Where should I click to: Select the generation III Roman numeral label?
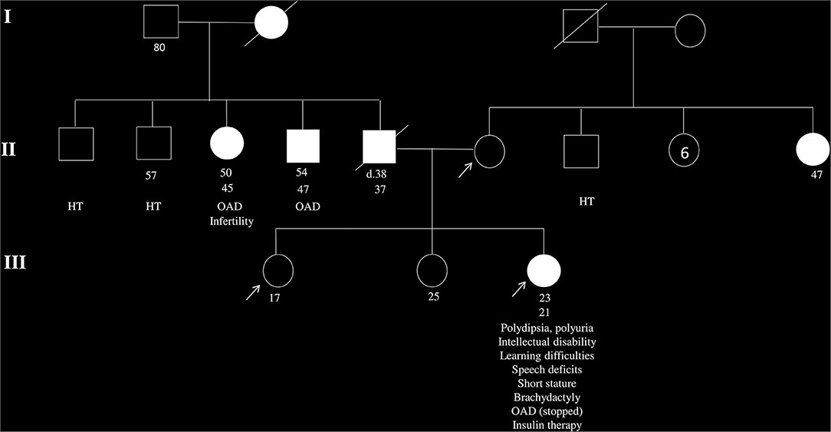click(15, 263)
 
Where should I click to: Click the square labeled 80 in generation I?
click(161, 22)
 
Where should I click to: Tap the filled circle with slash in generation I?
click(271, 23)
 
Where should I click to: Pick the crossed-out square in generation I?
click(580, 30)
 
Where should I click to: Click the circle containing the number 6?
click(685, 152)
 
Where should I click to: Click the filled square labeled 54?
click(303, 146)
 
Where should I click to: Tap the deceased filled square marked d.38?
click(379, 146)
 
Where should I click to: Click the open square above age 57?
click(153, 143)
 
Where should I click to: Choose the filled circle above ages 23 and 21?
click(544, 271)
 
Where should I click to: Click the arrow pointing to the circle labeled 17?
click(251, 291)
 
